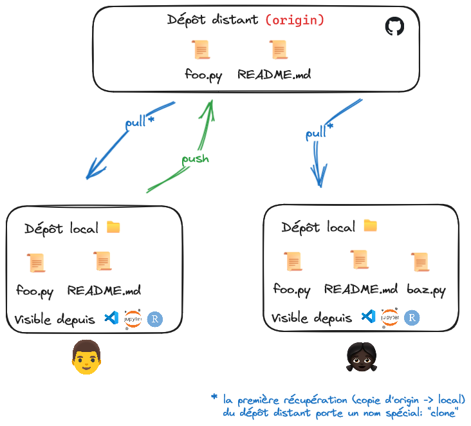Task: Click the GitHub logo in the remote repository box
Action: click(x=394, y=26)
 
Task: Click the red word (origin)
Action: click(x=295, y=20)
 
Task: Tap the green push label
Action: click(x=195, y=159)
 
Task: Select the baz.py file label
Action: click(x=426, y=290)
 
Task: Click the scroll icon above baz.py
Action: click(x=420, y=262)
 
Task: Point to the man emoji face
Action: click(x=86, y=357)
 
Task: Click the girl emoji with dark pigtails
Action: click(x=362, y=357)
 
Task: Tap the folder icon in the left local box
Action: click(x=113, y=227)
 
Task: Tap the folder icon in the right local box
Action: click(x=371, y=226)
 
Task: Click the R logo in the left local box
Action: click(x=155, y=319)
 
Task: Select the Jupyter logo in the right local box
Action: click(x=390, y=317)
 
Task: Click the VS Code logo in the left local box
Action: click(x=111, y=318)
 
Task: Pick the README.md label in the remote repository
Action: click(x=274, y=75)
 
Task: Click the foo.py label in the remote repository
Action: click(x=203, y=75)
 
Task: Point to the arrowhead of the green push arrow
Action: click(x=211, y=102)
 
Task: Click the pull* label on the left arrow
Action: click(x=140, y=122)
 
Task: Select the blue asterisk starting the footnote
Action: click(x=214, y=397)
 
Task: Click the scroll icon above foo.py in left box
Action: click(x=36, y=263)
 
